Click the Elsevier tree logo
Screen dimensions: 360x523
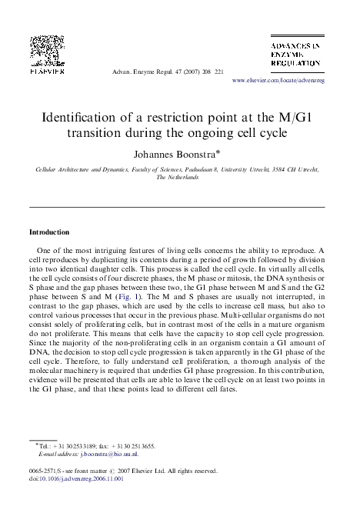tap(46, 52)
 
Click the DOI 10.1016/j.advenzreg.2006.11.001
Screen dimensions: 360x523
tap(82, 478)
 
